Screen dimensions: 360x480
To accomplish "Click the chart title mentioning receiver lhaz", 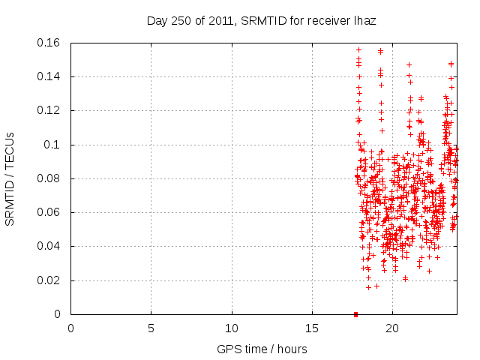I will pyautogui.click(x=261, y=22).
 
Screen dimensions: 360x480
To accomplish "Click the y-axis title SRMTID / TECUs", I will pyautogui.click(x=10, y=178).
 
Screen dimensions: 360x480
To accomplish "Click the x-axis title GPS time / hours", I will pyautogui.click(x=262, y=349).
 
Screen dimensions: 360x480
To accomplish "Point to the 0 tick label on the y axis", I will pyautogui.click(x=58, y=314).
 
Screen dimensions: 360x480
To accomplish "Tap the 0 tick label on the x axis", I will pyautogui.click(x=70, y=328).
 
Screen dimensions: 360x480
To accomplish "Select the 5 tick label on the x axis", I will pyautogui.click(x=151, y=328).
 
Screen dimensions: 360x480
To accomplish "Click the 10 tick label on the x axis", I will pyautogui.click(x=232, y=328).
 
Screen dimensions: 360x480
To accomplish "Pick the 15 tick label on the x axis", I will pyautogui.click(x=312, y=328).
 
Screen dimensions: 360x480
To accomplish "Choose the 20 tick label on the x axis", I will pyautogui.click(x=393, y=328).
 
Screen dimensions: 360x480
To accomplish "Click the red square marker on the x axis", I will pyautogui.click(x=356, y=313).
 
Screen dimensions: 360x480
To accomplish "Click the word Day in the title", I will pyautogui.click(x=156, y=22).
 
